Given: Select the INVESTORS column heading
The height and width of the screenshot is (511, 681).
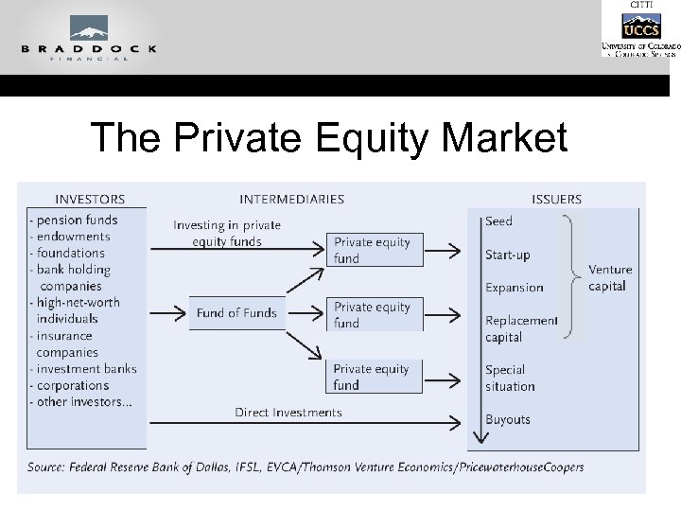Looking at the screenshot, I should (x=90, y=199).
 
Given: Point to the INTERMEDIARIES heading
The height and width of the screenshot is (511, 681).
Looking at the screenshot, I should (x=291, y=199).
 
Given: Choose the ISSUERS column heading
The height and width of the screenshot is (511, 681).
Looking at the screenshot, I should (x=556, y=199).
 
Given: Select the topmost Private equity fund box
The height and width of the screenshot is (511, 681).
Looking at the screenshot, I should (x=373, y=250).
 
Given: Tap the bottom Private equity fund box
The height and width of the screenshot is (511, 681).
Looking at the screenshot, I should (x=373, y=377).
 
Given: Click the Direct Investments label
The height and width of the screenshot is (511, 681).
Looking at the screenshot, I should (x=288, y=413).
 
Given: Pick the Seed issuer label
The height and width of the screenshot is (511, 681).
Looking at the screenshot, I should (x=498, y=221).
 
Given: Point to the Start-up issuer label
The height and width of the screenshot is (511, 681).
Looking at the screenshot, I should (x=508, y=255).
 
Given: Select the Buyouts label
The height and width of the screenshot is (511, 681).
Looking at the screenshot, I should (x=508, y=419).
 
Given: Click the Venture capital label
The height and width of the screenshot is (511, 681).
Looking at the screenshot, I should (x=609, y=278).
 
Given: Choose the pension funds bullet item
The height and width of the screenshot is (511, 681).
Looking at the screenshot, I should (x=76, y=220).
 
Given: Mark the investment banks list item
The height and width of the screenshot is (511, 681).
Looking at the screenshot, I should (x=84, y=369).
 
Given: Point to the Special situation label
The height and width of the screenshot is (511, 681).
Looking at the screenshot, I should (x=510, y=378).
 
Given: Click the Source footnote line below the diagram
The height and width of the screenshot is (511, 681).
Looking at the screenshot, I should (x=306, y=467).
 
